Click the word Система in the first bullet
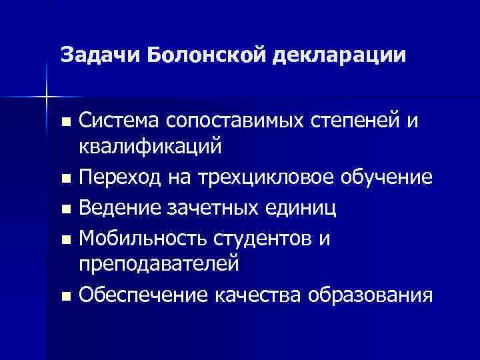[x=121, y=121]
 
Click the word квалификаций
[x=150, y=148]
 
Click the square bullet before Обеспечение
[x=64, y=295]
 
